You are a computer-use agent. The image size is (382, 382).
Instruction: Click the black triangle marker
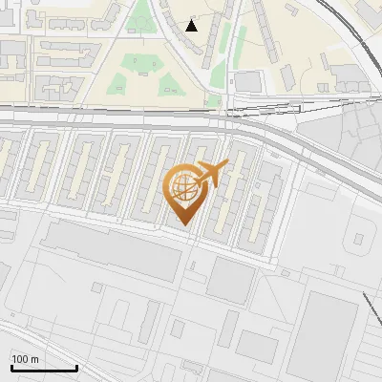192,25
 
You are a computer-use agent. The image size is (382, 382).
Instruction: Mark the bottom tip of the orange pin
184,225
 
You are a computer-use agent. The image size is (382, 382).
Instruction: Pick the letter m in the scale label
34,358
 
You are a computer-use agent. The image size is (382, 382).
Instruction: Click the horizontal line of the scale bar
43,368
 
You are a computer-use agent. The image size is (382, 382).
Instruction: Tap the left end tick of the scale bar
11,366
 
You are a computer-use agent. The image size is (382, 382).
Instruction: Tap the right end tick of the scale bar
76,366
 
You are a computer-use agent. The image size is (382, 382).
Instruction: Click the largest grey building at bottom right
325,334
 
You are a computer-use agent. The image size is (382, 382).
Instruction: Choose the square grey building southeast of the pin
229,280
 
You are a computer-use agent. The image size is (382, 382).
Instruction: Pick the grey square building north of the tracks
247,82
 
